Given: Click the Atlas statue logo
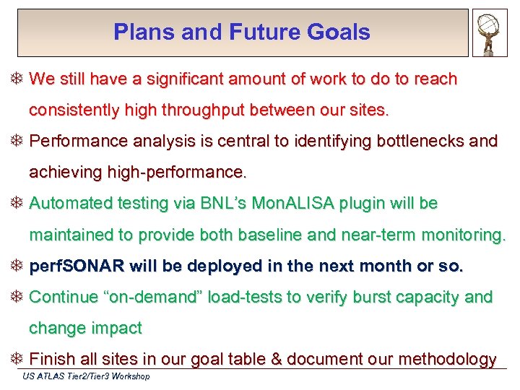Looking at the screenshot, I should [490, 32].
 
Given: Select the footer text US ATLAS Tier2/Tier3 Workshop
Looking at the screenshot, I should [86, 376].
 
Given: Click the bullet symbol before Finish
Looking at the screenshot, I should [19, 359].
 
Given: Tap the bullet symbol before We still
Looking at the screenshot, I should [19, 79].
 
